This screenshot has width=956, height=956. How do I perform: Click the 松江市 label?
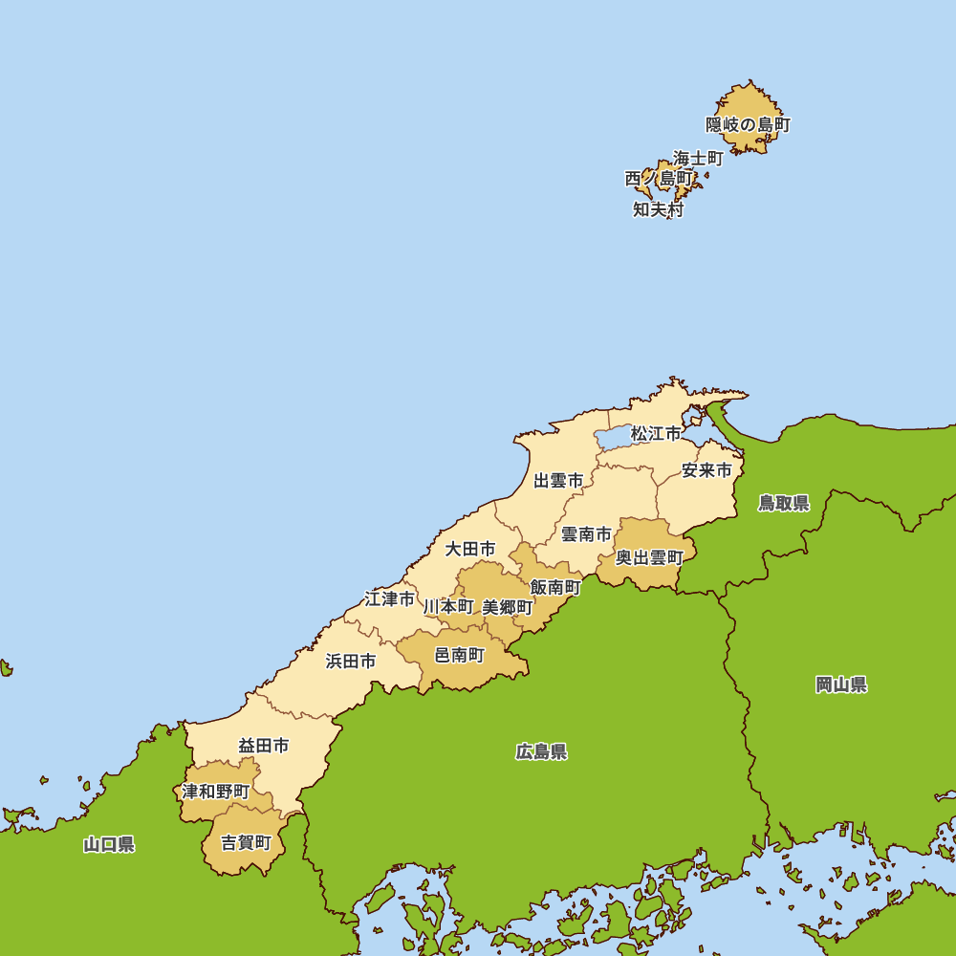click(x=656, y=434)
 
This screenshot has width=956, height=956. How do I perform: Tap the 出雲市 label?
click(x=558, y=481)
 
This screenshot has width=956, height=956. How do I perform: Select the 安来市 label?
click(x=706, y=470)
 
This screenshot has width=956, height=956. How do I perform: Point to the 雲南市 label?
click(x=585, y=534)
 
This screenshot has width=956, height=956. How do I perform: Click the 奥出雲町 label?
click(x=649, y=557)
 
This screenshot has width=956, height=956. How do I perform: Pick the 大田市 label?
click(x=470, y=549)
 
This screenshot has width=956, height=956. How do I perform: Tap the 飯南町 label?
click(x=555, y=587)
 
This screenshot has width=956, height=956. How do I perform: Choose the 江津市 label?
click(x=390, y=599)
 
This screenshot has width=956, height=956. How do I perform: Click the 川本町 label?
click(x=448, y=607)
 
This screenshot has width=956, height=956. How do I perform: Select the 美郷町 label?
click(x=508, y=607)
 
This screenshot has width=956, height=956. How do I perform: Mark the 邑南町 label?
click(x=460, y=655)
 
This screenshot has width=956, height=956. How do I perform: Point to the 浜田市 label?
click(x=350, y=661)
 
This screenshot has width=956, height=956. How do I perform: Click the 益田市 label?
click(x=264, y=746)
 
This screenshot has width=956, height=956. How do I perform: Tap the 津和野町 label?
click(x=216, y=792)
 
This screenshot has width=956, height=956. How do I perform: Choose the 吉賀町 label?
click(x=246, y=843)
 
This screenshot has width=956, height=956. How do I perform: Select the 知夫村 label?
click(x=658, y=209)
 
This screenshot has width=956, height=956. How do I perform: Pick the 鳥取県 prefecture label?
click(x=784, y=503)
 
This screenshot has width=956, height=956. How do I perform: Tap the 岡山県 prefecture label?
click(x=841, y=684)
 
